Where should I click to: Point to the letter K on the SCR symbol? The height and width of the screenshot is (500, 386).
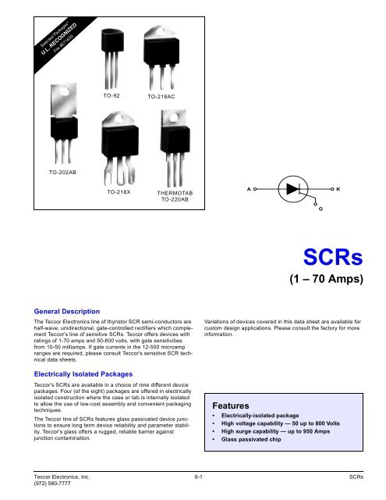point(338,190)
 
